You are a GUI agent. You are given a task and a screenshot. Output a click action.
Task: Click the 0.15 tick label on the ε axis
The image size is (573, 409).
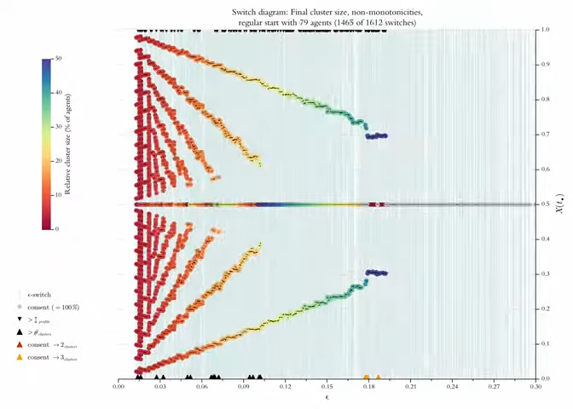(x=327, y=386)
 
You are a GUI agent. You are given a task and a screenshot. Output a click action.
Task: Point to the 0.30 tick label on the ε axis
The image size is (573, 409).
(x=535, y=386)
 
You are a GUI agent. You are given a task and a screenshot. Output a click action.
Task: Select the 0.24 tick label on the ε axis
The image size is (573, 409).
(x=452, y=386)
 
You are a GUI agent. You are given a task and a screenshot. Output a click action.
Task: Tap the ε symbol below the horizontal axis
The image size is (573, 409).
(x=327, y=397)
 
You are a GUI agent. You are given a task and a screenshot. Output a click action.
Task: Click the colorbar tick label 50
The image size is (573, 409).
(x=58, y=58)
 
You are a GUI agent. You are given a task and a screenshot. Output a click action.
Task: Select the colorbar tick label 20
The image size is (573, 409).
(x=58, y=160)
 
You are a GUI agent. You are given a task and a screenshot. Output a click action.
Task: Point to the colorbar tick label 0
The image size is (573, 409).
(x=56, y=228)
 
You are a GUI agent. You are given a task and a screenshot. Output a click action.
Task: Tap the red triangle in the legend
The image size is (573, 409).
(x=19, y=345)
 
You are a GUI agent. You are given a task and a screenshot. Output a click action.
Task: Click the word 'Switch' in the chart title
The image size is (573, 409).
(x=243, y=12)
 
